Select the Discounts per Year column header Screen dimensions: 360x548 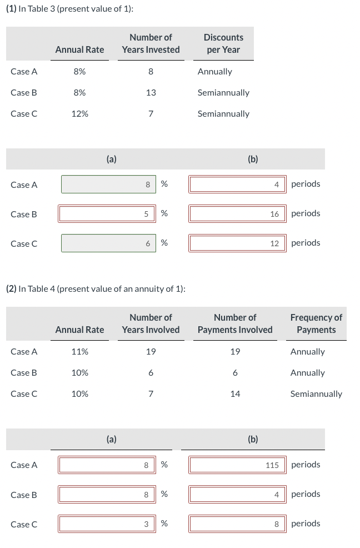coord(223,43)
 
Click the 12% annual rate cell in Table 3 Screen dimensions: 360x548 coord(79,113)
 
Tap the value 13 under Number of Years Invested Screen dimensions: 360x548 coord(151,92)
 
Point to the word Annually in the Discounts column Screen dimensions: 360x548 coord(215,72)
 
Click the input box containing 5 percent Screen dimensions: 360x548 coord(107,213)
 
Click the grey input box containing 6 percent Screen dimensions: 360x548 coord(107,243)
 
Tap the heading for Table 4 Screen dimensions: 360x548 coord(94,288)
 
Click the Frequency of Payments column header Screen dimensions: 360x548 coord(316,323)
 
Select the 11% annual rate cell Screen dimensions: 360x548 coord(79,352)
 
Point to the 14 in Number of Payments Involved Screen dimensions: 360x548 coord(235,394)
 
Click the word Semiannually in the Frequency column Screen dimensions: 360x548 coord(316,394)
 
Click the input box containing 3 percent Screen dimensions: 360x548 coord(107,524)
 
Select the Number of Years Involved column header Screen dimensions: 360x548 coord(151,323)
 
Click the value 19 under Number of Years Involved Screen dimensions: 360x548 coord(151,352)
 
